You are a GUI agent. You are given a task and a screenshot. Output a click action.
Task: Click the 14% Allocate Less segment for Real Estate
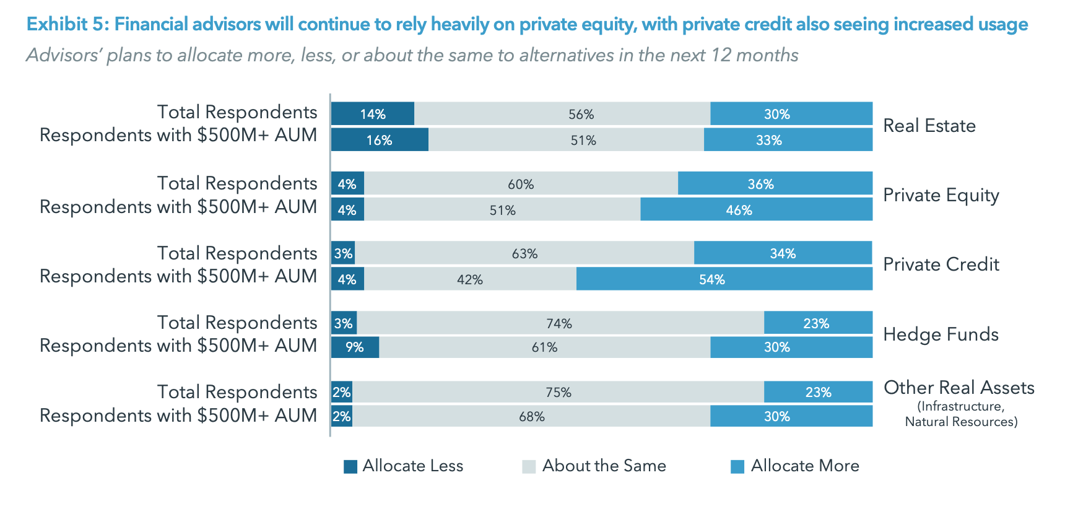coord(373,114)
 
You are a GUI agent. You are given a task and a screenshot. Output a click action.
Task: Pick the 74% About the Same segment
coord(560,323)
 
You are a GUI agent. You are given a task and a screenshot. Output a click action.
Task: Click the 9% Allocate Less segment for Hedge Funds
coord(355,347)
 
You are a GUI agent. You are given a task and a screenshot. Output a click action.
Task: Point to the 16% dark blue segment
coord(379,140)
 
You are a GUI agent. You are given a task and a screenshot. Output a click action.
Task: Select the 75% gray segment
coord(558,393)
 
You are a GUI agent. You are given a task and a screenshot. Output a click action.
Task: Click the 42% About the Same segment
coord(470,279)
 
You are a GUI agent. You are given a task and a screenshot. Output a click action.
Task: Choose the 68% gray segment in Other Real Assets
coord(531,417)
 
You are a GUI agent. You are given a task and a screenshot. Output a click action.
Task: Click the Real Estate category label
coord(929,126)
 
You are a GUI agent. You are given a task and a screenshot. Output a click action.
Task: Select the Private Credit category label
coord(941,264)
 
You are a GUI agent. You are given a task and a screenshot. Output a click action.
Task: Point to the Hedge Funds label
coord(940,334)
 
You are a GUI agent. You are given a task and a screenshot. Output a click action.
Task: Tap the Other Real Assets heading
coord(958,388)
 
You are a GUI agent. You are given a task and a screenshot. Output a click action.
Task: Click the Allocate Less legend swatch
coord(350,466)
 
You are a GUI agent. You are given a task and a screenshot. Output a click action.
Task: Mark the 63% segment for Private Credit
coord(524,253)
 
